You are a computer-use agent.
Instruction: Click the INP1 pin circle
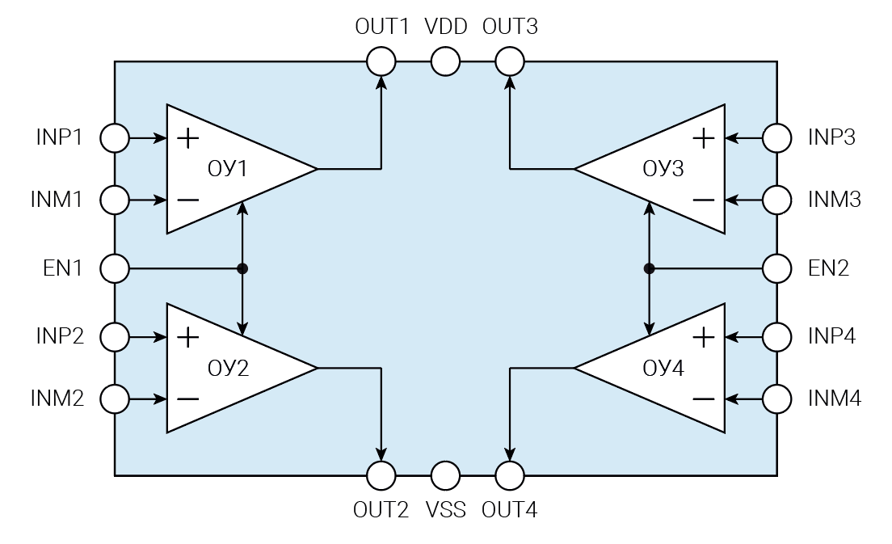pyautogui.click(x=115, y=138)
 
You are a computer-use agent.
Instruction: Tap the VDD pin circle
pyautogui.click(x=445, y=61)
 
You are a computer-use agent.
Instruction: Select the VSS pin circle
pyautogui.click(x=445, y=476)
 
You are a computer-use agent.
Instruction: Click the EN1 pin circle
pyautogui.click(x=115, y=268)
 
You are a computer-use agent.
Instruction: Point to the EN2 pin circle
pyautogui.click(x=777, y=268)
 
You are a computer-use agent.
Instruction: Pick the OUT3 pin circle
pyautogui.click(x=510, y=61)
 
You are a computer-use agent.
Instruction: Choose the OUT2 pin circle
pyautogui.click(x=381, y=476)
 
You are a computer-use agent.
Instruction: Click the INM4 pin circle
pyautogui.click(x=777, y=399)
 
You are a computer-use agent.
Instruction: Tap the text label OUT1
pyautogui.click(x=382, y=27)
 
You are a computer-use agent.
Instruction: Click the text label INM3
pyautogui.click(x=835, y=200)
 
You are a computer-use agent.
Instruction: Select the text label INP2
pyautogui.click(x=59, y=335)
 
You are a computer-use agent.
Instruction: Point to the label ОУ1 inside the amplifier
pyautogui.click(x=228, y=169)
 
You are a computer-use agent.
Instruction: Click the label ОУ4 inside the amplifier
pyautogui.click(x=663, y=369)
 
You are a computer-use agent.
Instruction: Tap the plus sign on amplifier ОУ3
pyautogui.click(x=704, y=138)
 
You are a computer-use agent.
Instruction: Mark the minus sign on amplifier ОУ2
pyautogui.click(x=187, y=399)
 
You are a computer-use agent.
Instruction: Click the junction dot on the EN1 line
pyautogui.click(x=243, y=268)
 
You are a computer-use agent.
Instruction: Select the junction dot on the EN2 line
pyautogui.click(x=649, y=268)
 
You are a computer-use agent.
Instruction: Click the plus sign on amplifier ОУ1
pyautogui.click(x=187, y=138)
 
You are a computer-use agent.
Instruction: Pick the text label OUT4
pyautogui.click(x=509, y=510)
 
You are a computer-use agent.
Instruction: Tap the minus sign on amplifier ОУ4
pyautogui.click(x=704, y=399)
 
